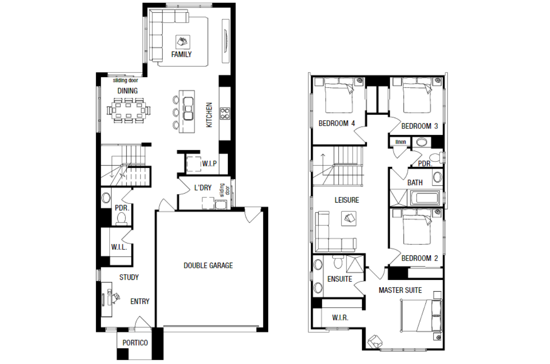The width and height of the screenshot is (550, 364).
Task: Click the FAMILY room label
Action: pos(181,54)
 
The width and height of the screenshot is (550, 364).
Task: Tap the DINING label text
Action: pos(128,91)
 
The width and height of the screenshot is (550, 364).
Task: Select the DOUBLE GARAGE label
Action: pos(208,265)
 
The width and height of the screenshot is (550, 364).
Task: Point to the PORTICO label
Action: pos(135,343)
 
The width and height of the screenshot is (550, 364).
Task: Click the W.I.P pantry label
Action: pos(209,164)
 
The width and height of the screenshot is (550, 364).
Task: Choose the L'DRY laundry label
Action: pos(203,188)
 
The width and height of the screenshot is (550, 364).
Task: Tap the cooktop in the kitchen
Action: pos(225,114)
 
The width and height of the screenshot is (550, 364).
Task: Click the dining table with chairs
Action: pos(128,110)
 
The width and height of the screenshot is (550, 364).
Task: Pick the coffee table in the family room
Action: pos(183,42)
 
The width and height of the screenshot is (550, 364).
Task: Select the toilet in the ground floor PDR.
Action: pos(121,219)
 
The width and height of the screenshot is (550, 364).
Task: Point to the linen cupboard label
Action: pos(401,142)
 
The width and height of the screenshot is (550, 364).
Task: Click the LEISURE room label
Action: pos(347,200)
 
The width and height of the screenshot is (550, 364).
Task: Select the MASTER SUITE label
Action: pos(400,290)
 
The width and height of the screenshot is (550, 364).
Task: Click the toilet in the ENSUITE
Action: pos(338,262)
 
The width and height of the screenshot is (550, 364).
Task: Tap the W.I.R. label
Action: pos(340,318)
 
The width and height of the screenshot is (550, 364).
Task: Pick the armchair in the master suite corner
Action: pos(375,341)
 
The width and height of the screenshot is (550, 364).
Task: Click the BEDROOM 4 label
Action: pos(336,123)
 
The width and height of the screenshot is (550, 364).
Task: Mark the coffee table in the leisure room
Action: pos(348,218)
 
